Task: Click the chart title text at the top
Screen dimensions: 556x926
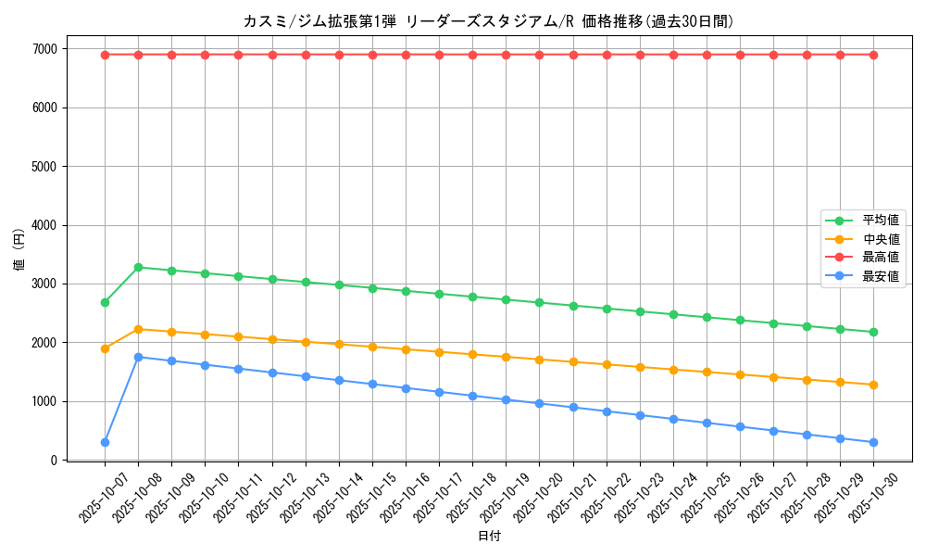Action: (x=488, y=21)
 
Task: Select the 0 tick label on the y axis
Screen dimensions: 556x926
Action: (x=54, y=460)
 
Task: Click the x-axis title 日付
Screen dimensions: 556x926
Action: (x=489, y=537)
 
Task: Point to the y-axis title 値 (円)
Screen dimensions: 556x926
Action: (x=19, y=250)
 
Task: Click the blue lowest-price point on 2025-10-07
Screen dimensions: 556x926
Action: (x=105, y=442)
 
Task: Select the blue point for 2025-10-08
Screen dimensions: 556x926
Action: (x=138, y=357)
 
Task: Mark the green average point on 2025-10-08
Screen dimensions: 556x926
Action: (x=138, y=267)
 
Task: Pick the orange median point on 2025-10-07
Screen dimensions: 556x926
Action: (x=105, y=348)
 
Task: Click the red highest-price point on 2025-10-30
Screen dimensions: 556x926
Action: (x=873, y=55)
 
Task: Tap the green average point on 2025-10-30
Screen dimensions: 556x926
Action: (x=873, y=332)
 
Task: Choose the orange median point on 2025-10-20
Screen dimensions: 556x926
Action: (x=539, y=360)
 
